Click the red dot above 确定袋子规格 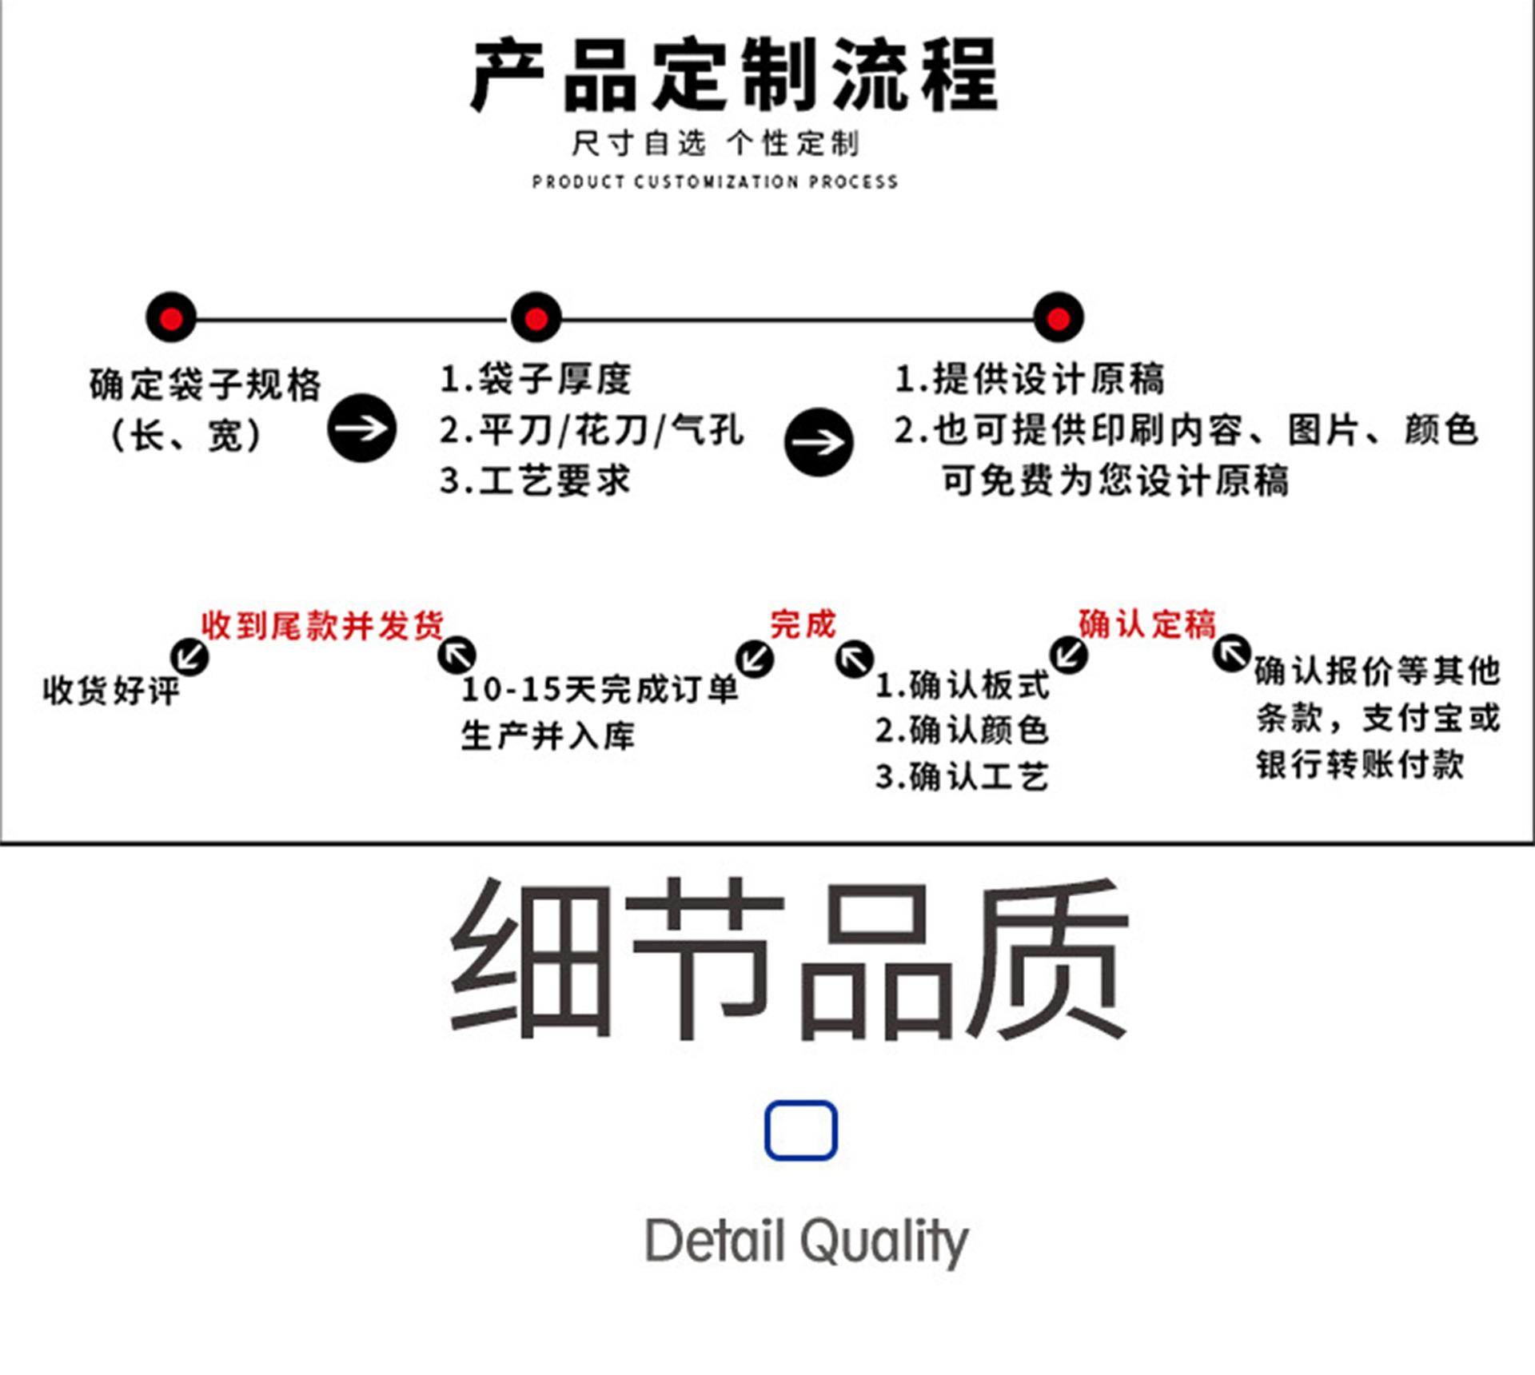(171, 318)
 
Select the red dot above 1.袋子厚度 (536, 318)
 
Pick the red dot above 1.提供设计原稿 (1058, 318)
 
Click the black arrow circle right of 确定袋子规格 (361, 428)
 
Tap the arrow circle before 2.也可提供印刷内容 (818, 442)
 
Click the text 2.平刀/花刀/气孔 (592, 430)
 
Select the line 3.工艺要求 (535, 480)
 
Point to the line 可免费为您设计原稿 (1115, 480)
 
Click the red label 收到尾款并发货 (322, 625)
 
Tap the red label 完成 (803, 624)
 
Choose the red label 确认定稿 (1146, 624)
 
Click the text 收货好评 (111, 690)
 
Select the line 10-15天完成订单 (600, 689)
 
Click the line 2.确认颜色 (962, 730)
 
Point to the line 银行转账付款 (1359, 764)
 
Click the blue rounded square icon (800, 1130)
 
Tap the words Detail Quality (806, 1241)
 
